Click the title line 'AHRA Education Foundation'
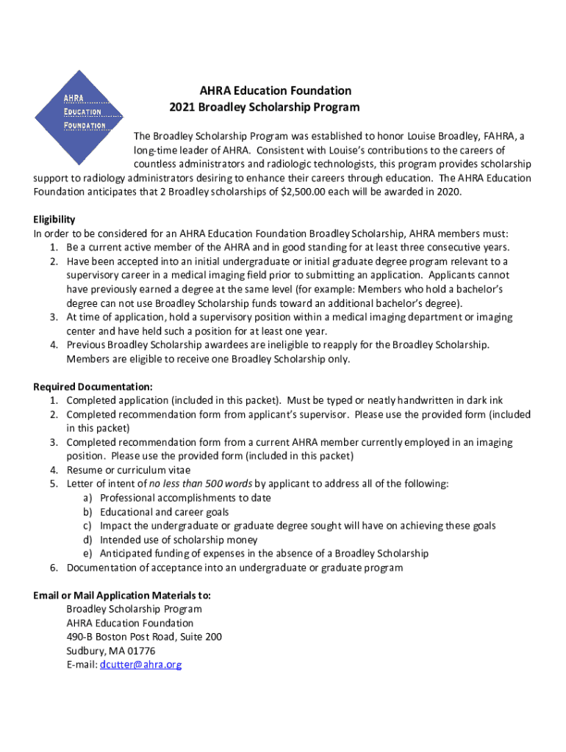click(x=276, y=90)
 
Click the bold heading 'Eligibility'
click(x=54, y=220)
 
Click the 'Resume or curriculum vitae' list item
click(x=129, y=470)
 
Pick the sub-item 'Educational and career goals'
click(x=165, y=512)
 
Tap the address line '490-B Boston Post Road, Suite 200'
click(x=144, y=637)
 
